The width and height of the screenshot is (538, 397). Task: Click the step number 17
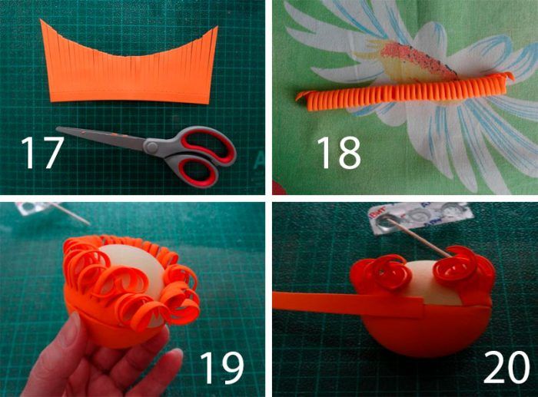coord(42,152)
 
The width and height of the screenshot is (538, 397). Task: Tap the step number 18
coord(339,152)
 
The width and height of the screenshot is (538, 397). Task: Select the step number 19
coord(221,368)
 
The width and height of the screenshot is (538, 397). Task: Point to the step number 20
coord(506,367)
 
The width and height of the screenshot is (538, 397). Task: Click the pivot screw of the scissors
coord(151,147)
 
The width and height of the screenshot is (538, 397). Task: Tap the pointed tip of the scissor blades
coord(58,129)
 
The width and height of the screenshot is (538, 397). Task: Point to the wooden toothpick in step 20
coord(419,238)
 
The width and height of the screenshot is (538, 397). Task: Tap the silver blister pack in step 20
coord(420,218)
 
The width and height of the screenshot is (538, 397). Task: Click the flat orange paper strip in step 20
coord(348,301)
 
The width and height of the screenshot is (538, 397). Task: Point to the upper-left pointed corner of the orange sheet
coord(41,20)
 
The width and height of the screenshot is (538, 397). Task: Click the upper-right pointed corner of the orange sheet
coord(218,27)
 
